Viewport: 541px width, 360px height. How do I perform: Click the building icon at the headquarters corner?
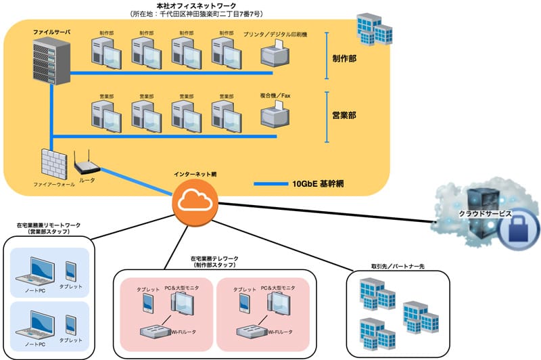pos(374,28)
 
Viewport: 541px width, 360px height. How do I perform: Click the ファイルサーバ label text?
pos(51,32)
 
